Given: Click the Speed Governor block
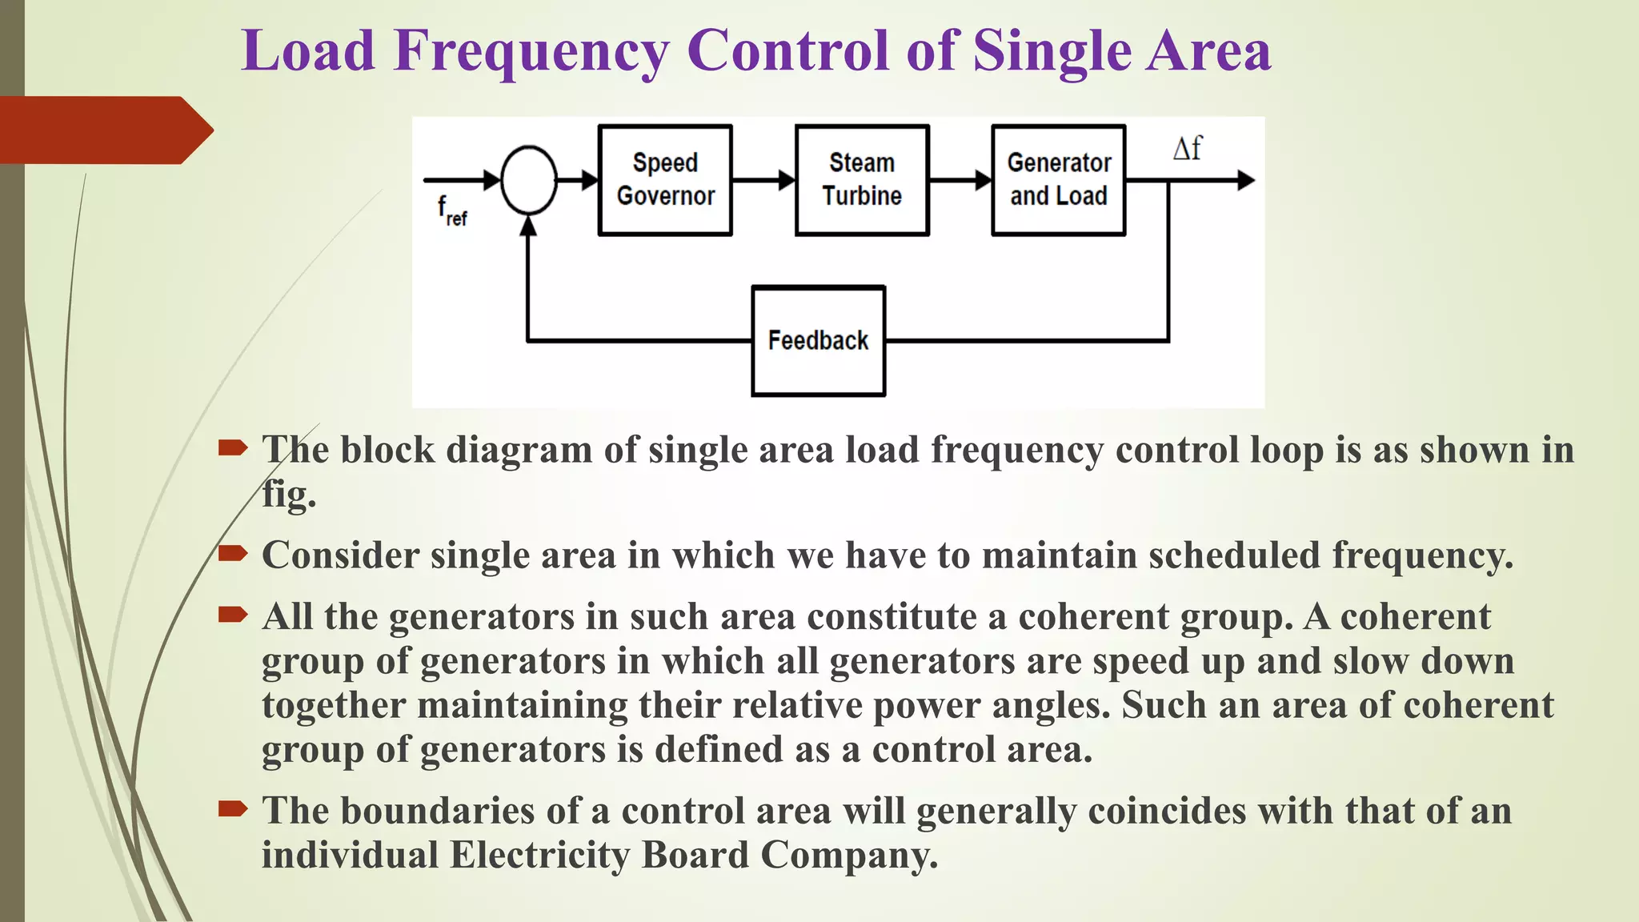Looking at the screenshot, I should coord(665,180).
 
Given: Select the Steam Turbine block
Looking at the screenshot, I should coord(862,180).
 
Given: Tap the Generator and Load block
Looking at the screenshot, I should coord(1058,180).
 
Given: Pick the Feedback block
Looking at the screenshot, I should coord(818,341).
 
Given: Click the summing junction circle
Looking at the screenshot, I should coord(528,180).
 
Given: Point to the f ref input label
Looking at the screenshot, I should coord(451,210).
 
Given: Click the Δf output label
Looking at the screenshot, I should coord(1187,149).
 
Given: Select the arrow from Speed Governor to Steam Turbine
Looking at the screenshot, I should coord(763,180).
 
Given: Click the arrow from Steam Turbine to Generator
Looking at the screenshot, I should coord(960,180).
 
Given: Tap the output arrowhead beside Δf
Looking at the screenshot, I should coord(1245,180).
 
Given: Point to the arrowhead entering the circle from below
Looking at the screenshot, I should coord(528,226).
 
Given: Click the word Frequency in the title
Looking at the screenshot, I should coord(531,51).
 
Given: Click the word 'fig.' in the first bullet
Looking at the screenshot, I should coord(289,495).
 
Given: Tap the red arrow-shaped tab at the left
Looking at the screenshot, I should coord(104,130).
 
